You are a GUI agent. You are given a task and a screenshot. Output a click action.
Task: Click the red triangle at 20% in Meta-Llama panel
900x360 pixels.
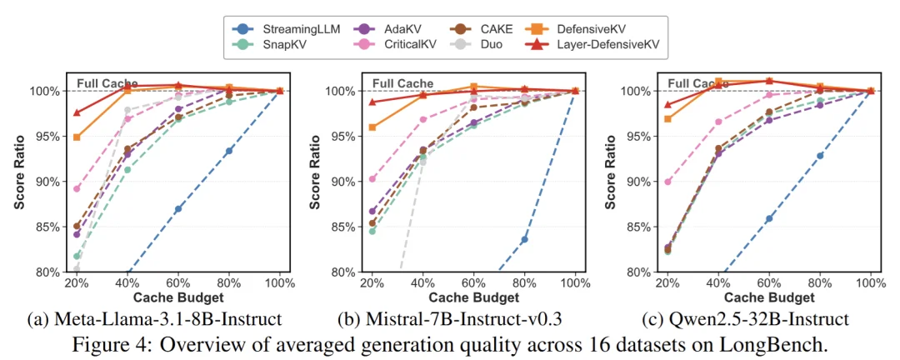77,112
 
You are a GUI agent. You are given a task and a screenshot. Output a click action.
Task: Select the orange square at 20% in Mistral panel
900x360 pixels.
372,127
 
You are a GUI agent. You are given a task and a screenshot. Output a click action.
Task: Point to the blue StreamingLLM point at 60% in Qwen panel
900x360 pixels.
769,218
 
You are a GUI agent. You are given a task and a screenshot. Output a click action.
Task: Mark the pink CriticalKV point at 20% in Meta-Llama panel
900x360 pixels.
77,188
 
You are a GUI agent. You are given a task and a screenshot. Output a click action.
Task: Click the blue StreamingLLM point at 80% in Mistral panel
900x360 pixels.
524,239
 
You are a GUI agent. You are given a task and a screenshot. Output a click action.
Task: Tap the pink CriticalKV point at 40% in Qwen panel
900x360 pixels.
718,122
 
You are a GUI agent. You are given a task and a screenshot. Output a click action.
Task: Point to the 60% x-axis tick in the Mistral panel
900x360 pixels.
472,282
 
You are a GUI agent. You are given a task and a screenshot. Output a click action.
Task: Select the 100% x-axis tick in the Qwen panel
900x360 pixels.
870,282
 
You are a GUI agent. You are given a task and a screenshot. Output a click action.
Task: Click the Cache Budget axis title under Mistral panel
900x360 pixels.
472,297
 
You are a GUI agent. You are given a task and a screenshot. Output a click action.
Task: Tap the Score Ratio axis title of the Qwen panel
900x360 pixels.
612,180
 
